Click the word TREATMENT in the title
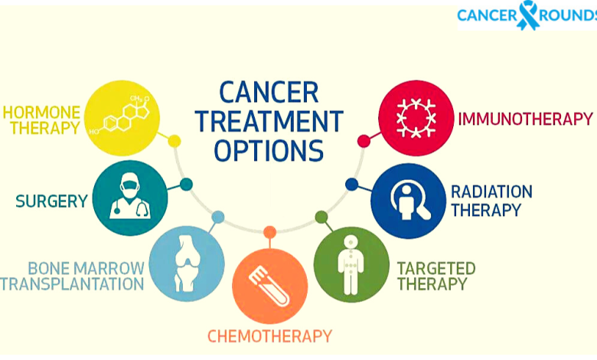pos(269,122)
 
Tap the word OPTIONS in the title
pos(269,150)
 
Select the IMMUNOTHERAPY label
pos(525,119)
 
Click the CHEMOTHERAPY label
pos(269,336)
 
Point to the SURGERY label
pos(52,201)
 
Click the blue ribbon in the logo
pos(527,15)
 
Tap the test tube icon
pos(269,286)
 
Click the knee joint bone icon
pos(187,263)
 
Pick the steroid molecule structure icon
pos(119,115)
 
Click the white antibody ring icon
pos(416,118)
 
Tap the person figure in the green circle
pos(351,265)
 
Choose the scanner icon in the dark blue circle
pos(409,201)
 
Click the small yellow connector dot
pos(174,142)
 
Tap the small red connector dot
pos(364,141)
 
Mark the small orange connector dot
pos(269,232)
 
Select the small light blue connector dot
pos(218,217)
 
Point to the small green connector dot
pos(321,217)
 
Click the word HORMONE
pos(41,113)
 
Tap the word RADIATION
pos(491,192)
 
